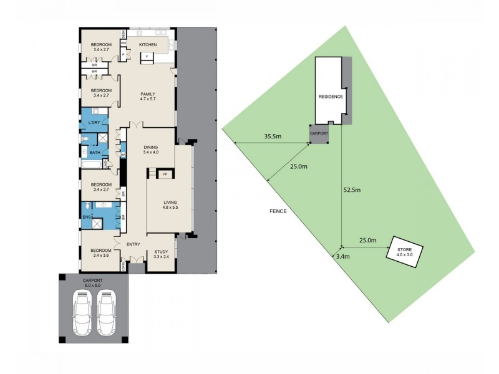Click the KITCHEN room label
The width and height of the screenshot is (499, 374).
click(148, 45)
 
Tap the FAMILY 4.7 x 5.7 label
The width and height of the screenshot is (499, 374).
click(147, 96)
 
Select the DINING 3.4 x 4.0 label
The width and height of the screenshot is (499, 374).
click(150, 149)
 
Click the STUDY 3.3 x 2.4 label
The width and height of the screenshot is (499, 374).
click(161, 254)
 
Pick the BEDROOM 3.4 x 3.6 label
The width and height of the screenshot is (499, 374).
click(101, 252)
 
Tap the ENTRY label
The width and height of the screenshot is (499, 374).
click(133, 244)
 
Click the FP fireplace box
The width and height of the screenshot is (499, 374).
click(165, 175)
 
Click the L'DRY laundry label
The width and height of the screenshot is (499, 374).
click(94, 122)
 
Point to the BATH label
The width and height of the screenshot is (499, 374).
click(95, 152)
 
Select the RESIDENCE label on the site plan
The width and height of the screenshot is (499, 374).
click(331, 97)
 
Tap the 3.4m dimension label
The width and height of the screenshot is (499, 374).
click(342, 256)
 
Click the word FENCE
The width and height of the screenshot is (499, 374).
click(278, 211)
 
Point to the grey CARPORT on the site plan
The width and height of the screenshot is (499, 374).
click(319, 133)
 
